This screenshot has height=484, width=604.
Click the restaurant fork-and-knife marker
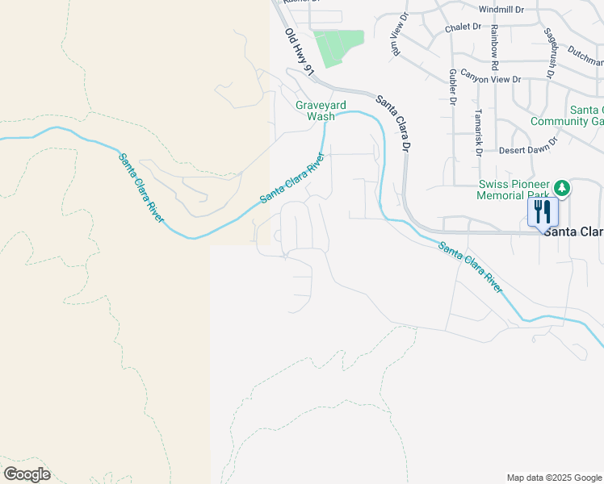[543, 212]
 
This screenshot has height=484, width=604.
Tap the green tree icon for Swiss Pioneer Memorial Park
[562, 189]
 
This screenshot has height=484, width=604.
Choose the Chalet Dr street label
[463, 27]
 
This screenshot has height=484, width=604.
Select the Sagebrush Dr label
[552, 53]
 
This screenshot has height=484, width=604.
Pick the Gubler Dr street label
[451, 86]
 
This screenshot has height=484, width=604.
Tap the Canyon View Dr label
[491, 79]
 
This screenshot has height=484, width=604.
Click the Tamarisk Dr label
[478, 132]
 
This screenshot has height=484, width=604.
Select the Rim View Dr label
[396, 35]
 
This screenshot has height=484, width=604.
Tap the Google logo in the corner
[27, 474]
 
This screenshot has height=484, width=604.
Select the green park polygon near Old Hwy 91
[338, 48]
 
